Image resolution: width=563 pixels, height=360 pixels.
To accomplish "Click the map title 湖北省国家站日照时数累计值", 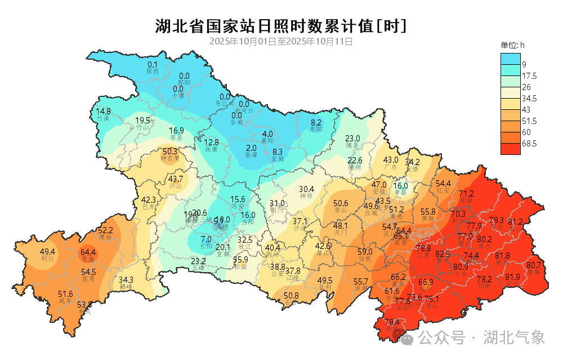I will click(280, 26).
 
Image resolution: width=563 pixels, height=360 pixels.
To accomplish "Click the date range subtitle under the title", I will click(281, 42).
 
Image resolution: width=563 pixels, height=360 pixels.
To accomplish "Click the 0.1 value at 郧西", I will click(153, 65).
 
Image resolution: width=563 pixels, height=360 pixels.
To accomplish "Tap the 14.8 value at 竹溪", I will click(103, 112).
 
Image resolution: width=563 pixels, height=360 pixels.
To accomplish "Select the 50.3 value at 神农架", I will click(170, 152).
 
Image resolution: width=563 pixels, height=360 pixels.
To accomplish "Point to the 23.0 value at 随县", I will click(352, 139).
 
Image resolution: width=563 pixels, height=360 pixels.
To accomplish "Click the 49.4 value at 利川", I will click(47, 252).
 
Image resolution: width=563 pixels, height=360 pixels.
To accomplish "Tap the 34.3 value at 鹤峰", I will click(126, 280).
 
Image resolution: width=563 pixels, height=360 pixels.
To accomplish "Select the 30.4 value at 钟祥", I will click(306, 189).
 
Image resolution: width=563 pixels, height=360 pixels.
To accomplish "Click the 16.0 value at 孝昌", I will click(400, 185).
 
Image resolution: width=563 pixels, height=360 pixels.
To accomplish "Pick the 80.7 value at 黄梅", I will click(534, 265).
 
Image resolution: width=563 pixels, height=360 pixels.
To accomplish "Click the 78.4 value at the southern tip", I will click(392, 322).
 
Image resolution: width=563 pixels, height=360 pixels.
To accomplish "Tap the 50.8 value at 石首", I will click(291, 295).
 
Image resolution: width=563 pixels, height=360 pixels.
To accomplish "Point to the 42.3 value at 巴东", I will click(149, 200).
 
